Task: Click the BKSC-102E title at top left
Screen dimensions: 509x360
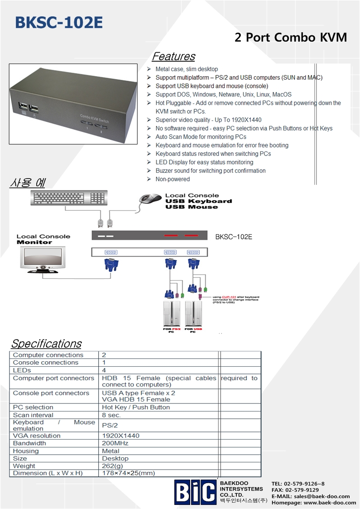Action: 59,22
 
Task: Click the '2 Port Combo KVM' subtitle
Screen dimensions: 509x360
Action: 291,38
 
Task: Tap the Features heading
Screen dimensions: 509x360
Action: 173,57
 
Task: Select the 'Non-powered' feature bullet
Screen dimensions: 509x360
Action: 173,179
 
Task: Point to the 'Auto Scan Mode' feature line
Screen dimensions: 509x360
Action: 201,137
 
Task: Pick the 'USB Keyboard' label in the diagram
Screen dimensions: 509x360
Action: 198,201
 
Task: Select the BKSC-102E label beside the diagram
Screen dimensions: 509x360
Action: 234,237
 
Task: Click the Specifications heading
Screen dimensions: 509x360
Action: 46,344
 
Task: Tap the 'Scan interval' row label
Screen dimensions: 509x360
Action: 33,415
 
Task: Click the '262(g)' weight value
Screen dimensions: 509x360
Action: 112,466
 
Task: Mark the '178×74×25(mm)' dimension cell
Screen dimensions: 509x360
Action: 128,473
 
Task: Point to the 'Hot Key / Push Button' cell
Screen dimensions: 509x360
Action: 136,407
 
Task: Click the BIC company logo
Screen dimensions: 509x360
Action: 195,492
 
